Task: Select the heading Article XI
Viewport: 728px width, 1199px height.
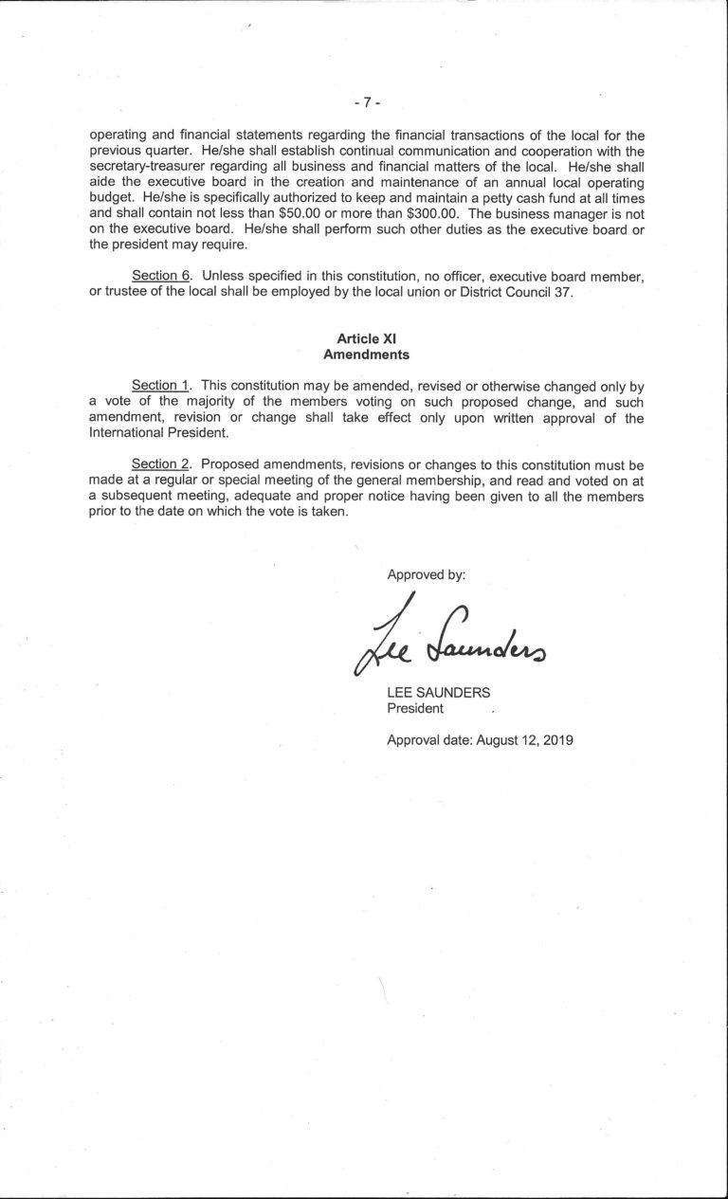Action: (365, 338)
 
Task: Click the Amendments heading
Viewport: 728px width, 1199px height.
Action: (366, 354)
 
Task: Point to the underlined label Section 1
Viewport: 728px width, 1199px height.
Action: (160, 386)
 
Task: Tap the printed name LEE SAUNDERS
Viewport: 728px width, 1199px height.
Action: (439, 692)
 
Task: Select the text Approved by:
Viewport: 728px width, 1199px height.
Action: (426, 574)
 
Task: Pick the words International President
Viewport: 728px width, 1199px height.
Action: (158, 433)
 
